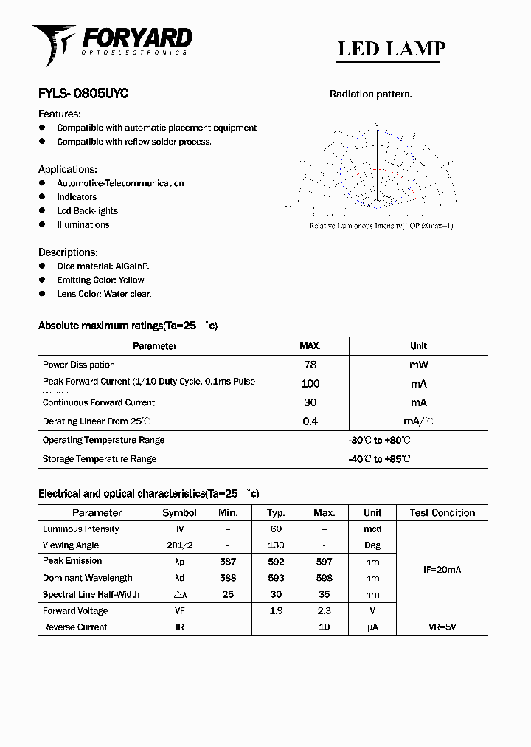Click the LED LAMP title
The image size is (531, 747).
click(391, 49)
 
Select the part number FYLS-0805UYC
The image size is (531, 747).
click(83, 94)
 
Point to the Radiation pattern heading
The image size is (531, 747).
click(370, 94)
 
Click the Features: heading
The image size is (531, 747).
click(60, 114)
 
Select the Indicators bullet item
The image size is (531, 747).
click(77, 197)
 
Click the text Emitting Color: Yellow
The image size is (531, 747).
click(100, 280)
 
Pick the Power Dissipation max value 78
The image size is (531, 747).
click(310, 365)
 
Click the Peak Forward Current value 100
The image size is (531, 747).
click(310, 384)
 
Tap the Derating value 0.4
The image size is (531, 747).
click(310, 421)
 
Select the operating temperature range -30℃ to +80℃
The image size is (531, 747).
click(379, 441)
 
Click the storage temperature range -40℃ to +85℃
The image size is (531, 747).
click(379, 459)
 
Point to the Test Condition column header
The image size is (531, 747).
click(442, 513)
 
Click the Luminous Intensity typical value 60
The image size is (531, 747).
click(277, 529)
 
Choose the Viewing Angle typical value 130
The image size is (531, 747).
click(277, 545)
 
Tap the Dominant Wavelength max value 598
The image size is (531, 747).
click(324, 579)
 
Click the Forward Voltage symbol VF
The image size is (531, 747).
click(179, 611)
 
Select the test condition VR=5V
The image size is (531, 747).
click(442, 627)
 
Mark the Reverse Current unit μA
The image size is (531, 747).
click(372, 627)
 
